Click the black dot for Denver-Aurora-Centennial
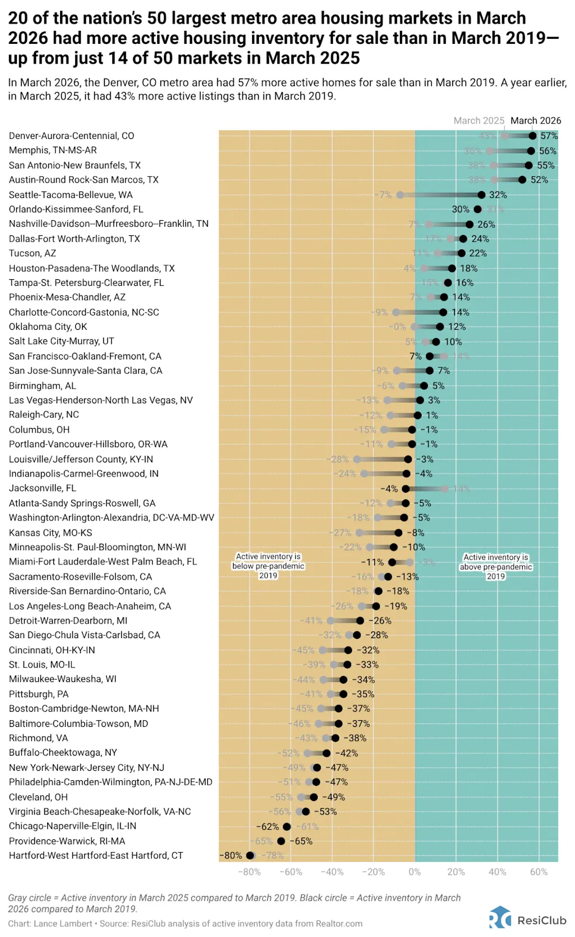532,135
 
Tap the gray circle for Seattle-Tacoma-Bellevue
400,195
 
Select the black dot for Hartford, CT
250,856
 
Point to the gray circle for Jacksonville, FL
445,489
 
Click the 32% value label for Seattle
498,195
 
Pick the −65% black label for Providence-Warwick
304,841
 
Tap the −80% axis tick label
249,872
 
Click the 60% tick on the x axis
539,872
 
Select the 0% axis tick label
414,872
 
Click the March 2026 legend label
536,121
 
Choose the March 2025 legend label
479,121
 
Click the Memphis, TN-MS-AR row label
53,151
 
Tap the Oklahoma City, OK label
48,326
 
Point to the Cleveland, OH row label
38,797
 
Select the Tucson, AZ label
33,253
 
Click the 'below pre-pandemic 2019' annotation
268,566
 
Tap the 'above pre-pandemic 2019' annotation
496,567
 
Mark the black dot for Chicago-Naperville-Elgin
287,826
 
